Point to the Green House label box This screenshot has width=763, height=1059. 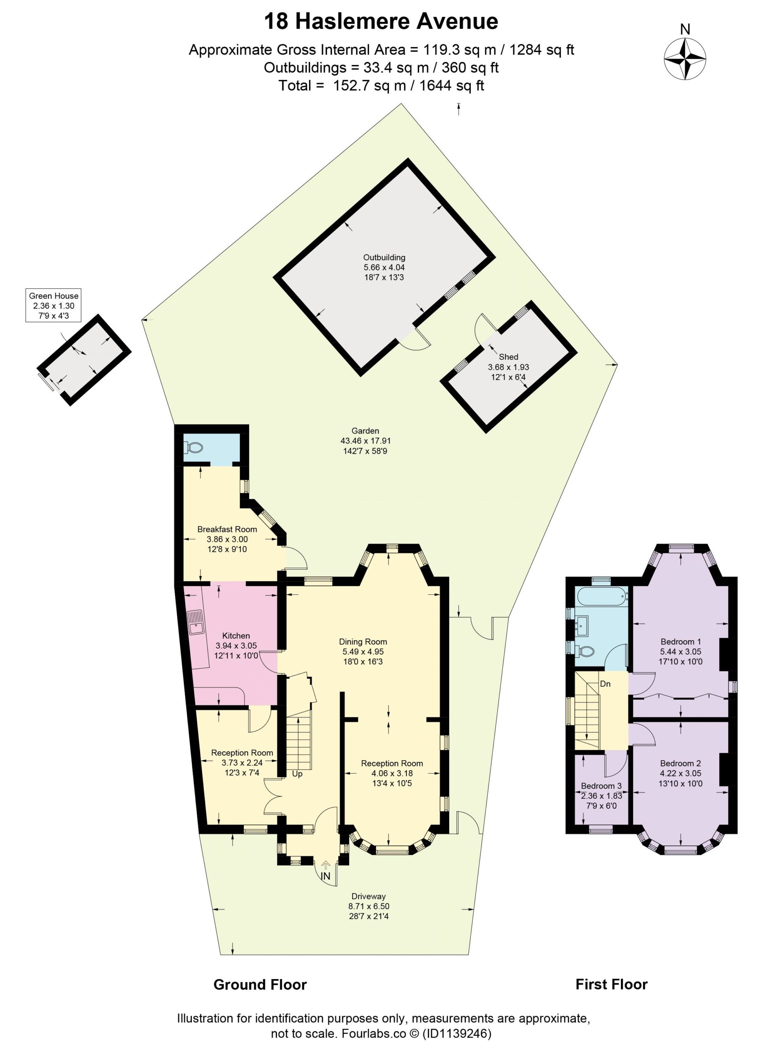(x=54, y=306)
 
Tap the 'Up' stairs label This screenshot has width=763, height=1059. (x=297, y=774)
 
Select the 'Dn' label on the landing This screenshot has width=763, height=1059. (x=605, y=684)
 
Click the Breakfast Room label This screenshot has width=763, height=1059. (x=227, y=529)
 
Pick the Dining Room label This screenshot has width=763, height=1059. (x=363, y=642)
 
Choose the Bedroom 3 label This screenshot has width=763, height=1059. (x=601, y=786)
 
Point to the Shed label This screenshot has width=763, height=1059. (x=509, y=357)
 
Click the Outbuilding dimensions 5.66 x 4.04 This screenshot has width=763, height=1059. (x=384, y=268)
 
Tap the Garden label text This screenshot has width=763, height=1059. (x=365, y=431)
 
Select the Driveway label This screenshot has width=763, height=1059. (x=369, y=896)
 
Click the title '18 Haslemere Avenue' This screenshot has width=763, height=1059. (x=381, y=22)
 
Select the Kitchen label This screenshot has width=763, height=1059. (x=236, y=636)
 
